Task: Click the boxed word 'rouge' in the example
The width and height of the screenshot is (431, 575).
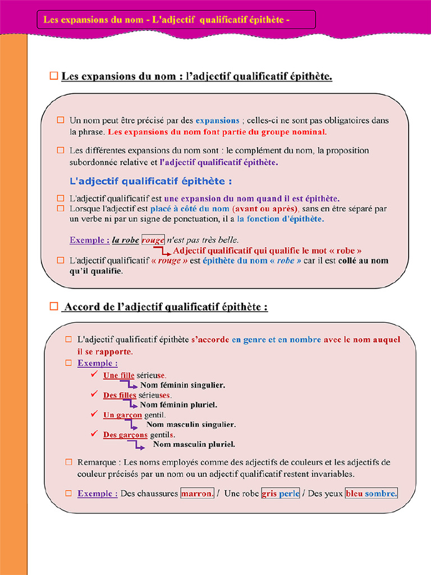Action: coord(153,240)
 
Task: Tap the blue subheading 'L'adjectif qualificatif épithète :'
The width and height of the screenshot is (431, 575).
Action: coord(150,181)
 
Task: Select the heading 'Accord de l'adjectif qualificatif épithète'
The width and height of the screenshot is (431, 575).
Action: coord(166,307)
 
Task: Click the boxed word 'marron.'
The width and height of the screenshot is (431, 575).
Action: coord(197,494)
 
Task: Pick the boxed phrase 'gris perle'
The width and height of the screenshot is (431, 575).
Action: coord(281,494)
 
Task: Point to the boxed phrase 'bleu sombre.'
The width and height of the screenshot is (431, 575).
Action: coord(371,494)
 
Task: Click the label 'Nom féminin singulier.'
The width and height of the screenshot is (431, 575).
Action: coord(182,385)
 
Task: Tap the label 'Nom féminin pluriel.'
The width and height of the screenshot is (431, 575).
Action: coord(178,404)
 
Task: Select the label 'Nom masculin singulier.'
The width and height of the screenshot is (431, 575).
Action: coord(191,425)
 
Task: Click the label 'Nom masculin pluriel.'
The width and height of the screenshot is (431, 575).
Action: coord(194,444)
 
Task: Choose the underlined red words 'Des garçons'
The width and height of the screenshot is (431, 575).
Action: coord(125,435)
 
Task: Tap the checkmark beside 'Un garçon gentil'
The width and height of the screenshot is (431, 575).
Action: coord(94,414)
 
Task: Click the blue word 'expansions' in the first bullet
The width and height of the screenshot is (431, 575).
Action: coord(217,120)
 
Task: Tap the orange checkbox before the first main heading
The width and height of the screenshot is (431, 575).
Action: coord(54,75)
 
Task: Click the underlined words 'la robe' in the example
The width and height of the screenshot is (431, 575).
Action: coord(125,240)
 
